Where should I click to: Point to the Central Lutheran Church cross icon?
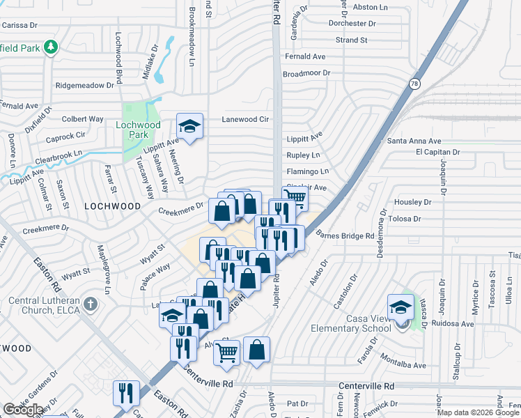pyautogui.click(x=90, y=304)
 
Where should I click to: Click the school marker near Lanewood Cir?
pyautogui.click(x=189, y=126)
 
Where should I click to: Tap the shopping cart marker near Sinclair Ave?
pyautogui.click(x=295, y=198)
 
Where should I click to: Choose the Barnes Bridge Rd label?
pyautogui.click(x=346, y=236)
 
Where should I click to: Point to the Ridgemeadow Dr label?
pyautogui.click(x=85, y=85)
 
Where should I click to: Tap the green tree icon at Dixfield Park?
pyautogui.click(x=50, y=47)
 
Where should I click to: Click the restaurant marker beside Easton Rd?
pyautogui.click(x=126, y=393)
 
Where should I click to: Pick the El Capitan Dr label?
pyautogui.click(x=438, y=152)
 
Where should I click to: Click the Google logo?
pyautogui.click(x=22, y=410)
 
